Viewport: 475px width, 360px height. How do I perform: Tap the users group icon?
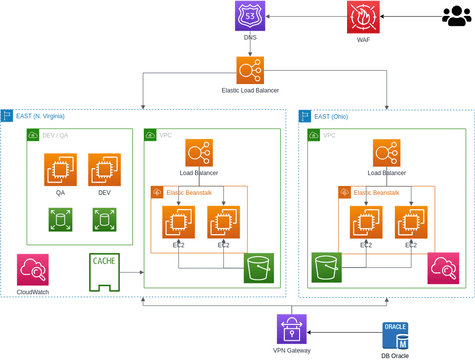click(454, 16)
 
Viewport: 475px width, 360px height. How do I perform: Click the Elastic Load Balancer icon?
click(250, 69)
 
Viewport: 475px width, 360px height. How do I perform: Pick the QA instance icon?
click(60, 168)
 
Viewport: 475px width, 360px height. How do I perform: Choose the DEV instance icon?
click(104, 168)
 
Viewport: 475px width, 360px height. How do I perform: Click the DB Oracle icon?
click(397, 334)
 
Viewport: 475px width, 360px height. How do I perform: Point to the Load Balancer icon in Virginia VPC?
click(197, 153)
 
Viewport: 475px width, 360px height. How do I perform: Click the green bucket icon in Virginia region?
click(260, 268)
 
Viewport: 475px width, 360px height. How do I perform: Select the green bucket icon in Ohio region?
click(328, 268)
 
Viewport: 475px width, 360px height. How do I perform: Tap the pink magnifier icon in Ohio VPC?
click(441, 268)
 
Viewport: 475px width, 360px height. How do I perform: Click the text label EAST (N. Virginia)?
click(47, 116)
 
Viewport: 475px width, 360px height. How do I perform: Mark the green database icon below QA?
click(60, 218)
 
